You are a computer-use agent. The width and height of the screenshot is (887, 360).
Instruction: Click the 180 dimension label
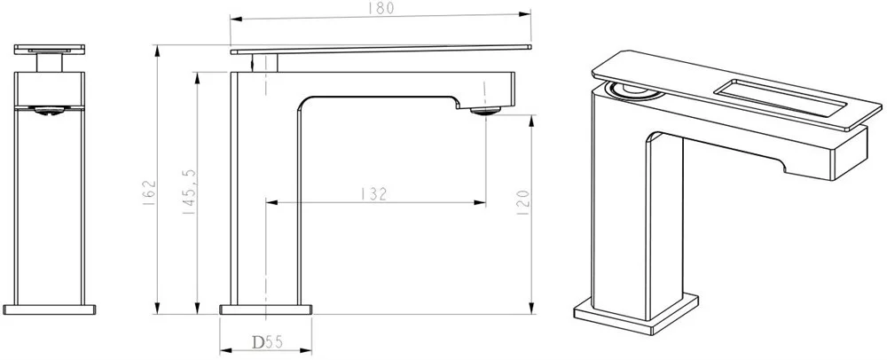381,9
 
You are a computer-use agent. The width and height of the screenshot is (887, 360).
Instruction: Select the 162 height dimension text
150,192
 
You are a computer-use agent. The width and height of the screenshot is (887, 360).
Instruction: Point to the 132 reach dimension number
374,194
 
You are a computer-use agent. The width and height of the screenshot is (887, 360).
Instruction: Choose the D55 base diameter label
267,342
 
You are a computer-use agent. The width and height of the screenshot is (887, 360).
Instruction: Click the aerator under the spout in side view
485,112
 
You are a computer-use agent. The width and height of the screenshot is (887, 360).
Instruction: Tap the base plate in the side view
266,309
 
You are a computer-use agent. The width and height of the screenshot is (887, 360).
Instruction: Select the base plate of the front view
49,309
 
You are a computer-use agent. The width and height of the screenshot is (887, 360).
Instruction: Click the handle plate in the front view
49,49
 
